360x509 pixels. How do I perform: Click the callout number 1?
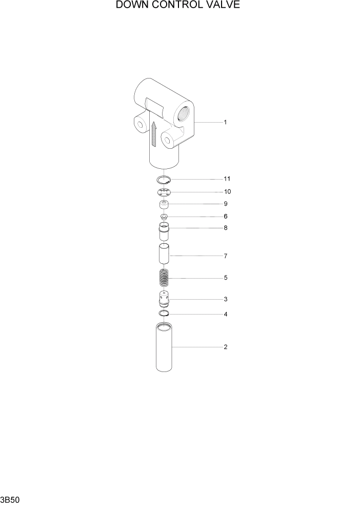click(x=225, y=122)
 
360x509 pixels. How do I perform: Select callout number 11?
click(x=227, y=179)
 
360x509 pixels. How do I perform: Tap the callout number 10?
click(x=227, y=191)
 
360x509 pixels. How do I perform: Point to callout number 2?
click(x=225, y=347)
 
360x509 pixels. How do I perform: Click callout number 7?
click(x=225, y=256)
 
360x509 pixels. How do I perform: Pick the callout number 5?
click(x=225, y=278)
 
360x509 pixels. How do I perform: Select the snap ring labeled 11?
click(x=164, y=180)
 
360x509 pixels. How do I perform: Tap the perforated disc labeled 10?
click(x=164, y=192)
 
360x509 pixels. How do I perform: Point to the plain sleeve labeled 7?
click(x=164, y=255)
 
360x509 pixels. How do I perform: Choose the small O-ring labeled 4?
click(x=164, y=314)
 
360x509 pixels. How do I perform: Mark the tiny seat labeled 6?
click(x=164, y=217)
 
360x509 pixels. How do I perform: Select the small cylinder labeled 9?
click(x=164, y=205)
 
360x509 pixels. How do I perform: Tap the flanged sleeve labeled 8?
click(x=164, y=231)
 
